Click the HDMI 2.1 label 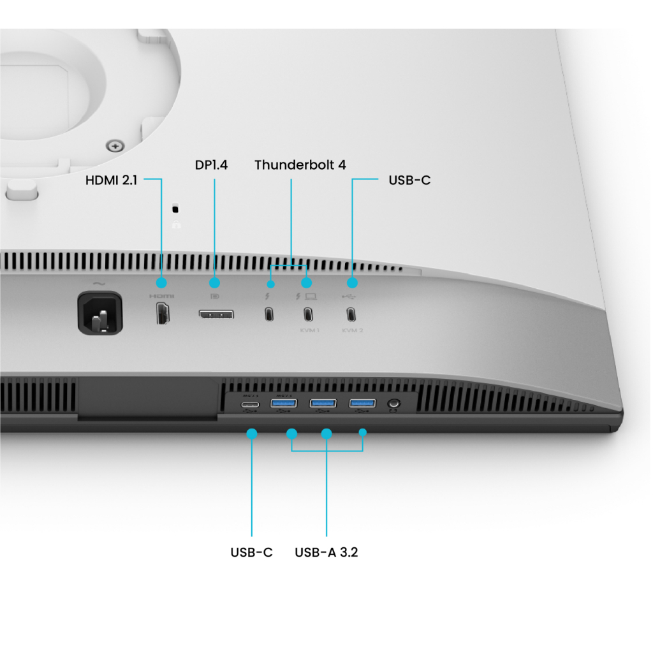[111, 180]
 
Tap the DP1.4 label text [211, 165]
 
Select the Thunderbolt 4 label [300, 165]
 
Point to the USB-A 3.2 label [326, 552]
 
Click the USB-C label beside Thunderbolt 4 [409, 180]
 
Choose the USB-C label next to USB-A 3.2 [251, 552]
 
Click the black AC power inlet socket [100, 312]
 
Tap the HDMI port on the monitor [163, 313]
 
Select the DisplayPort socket [216, 314]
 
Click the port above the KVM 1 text [308, 314]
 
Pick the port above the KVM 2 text [351, 314]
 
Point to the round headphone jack [393, 404]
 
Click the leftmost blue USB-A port [284, 404]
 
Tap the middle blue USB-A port [323, 404]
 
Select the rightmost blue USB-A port [362, 404]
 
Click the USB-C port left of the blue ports [249, 404]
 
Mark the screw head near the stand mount [115, 146]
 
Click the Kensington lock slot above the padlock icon [176, 209]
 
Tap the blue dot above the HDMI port [161, 282]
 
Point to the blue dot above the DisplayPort [214, 282]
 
